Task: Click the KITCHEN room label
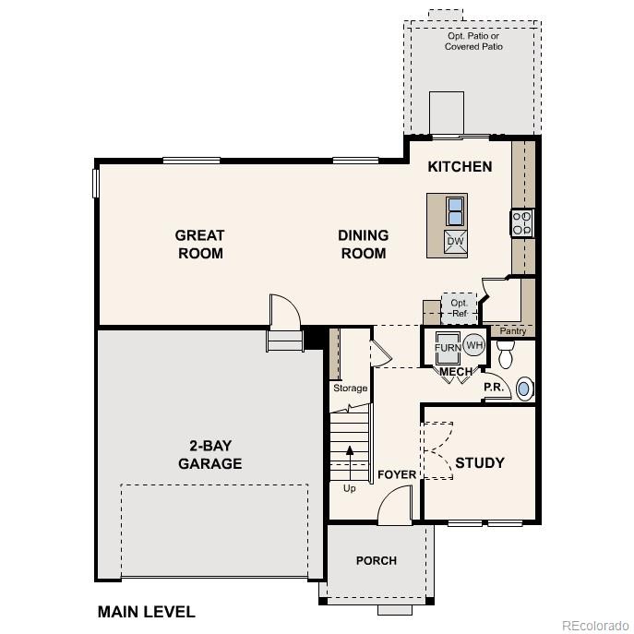[x=460, y=167]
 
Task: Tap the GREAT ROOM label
[x=200, y=245]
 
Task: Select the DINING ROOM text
[x=363, y=245]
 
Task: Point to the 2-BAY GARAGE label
[x=209, y=454]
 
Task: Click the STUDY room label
[x=479, y=462]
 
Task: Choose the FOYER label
[x=397, y=475]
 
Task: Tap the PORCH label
[x=377, y=560]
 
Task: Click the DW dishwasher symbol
[x=455, y=242]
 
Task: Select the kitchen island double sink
[x=455, y=212]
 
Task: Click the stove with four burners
[x=521, y=222]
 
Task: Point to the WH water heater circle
[x=473, y=346]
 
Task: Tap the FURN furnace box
[x=448, y=348]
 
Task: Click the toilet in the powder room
[x=505, y=353]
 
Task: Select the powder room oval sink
[x=524, y=389]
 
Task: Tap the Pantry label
[x=512, y=330]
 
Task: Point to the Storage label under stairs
[x=350, y=389]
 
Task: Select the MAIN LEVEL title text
[x=146, y=612]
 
